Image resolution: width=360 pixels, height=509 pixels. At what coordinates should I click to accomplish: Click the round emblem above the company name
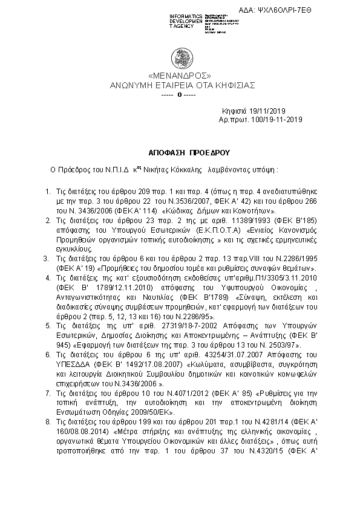[x=180, y=59]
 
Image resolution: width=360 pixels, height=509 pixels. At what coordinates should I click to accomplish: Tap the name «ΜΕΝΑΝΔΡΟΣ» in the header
[x=179, y=77]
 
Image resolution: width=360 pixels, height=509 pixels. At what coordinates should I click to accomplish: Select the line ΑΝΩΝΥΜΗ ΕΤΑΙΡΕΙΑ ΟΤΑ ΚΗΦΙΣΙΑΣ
[x=180, y=85]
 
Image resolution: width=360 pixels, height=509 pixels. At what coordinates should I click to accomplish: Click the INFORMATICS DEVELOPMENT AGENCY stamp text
[x=186, y=20]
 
